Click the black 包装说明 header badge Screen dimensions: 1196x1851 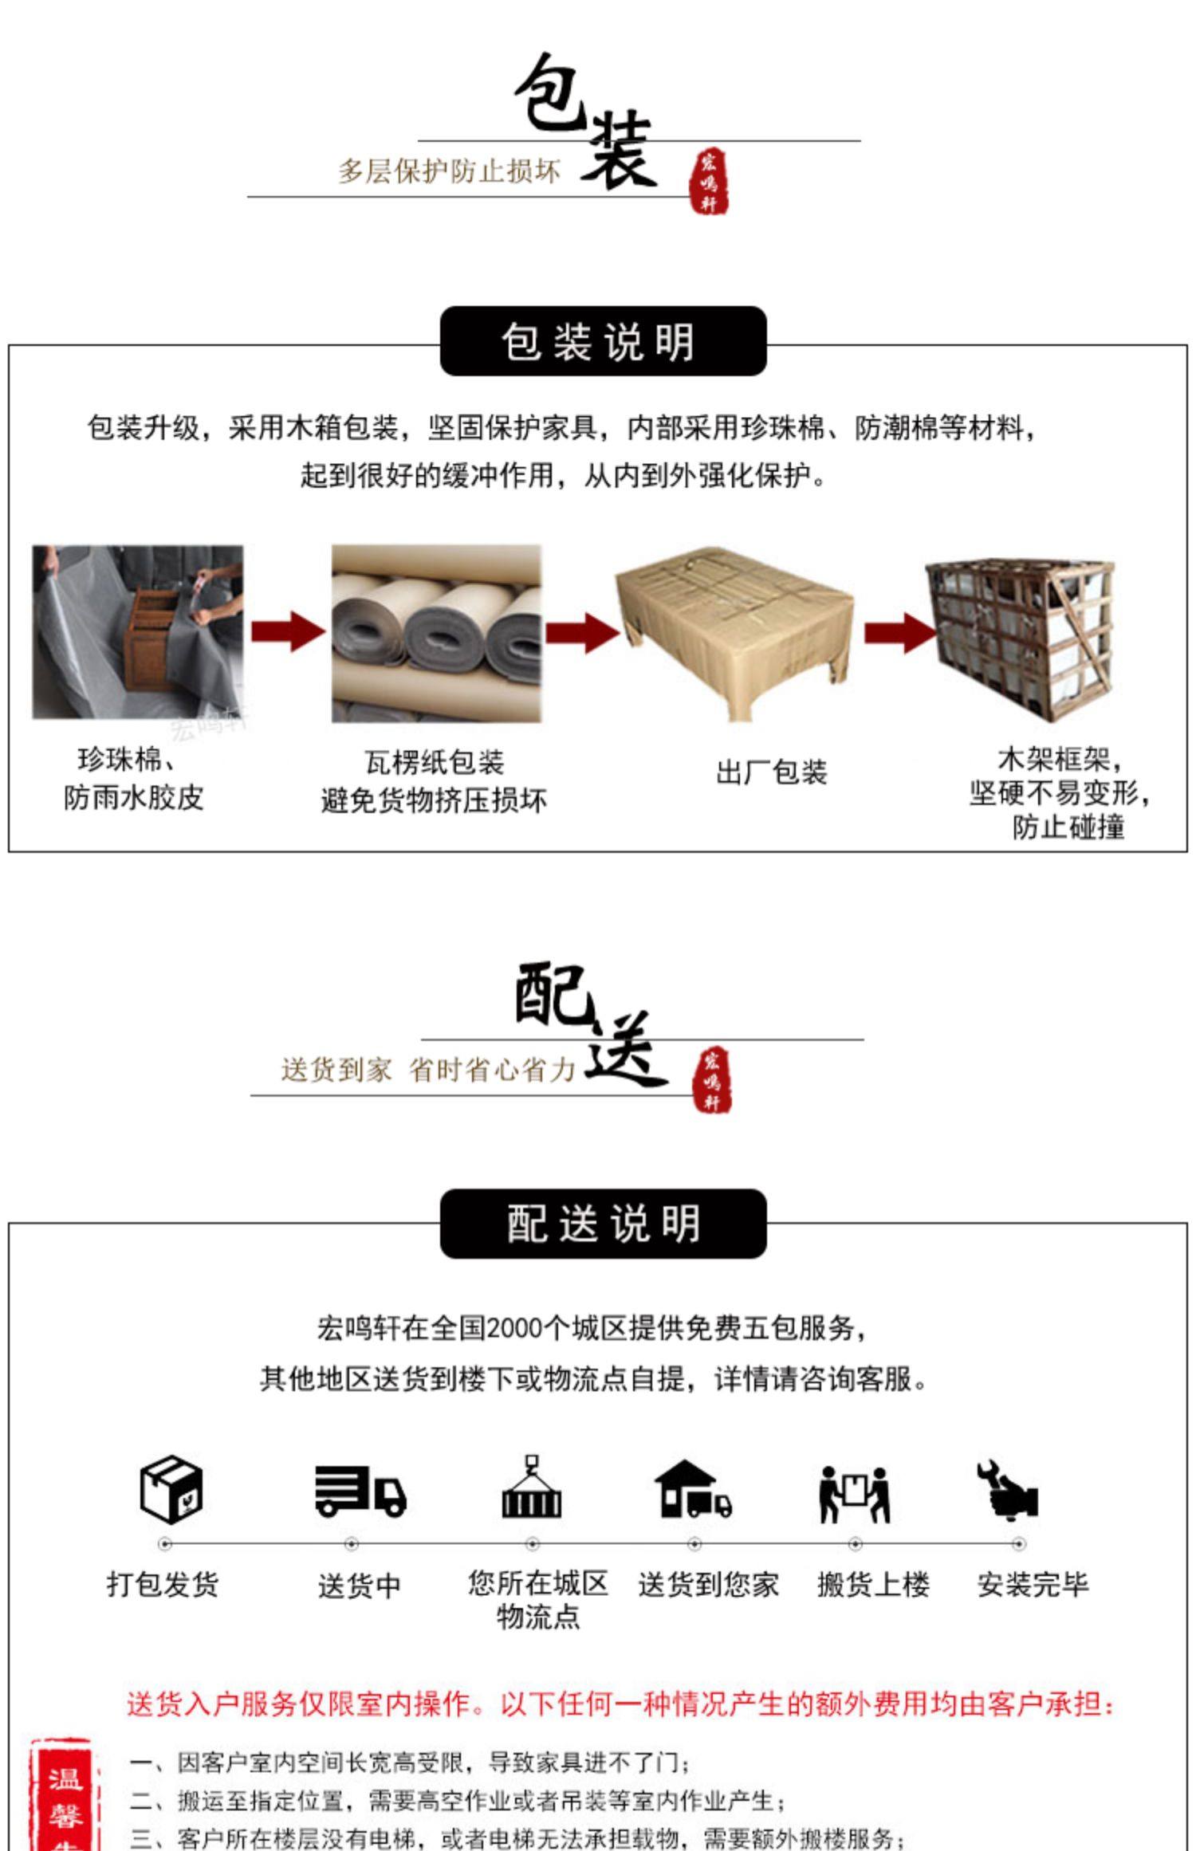click(x=603, y=341)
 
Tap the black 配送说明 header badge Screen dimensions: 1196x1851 click(x=603, y=1224)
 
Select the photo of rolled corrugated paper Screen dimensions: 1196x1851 click(x=436, y=634)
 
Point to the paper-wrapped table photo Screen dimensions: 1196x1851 click(x=734, y=630)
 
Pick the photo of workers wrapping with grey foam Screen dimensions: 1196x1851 click(x=138, y=632)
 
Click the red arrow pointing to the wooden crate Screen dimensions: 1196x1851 click(x=899, y=633)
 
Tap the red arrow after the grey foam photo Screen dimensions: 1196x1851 click(x=287, y=632)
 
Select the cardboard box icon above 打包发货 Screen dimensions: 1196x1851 click(x=171, y=1488)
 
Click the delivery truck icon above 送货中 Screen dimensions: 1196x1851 click(x=360, y=1490)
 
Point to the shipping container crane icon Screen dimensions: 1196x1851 click(x=531, y=1487)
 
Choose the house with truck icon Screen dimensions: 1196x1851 click(x=692, y=1488)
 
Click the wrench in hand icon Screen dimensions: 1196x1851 click(x=1008, y=1489)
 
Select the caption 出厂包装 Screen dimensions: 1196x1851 click(x=771, y=772)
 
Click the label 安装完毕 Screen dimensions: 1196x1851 click(x=1033, y=1585)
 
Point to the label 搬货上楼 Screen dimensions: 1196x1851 click(x=873, y=1585)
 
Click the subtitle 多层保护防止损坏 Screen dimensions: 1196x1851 click(x=449, y=171)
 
